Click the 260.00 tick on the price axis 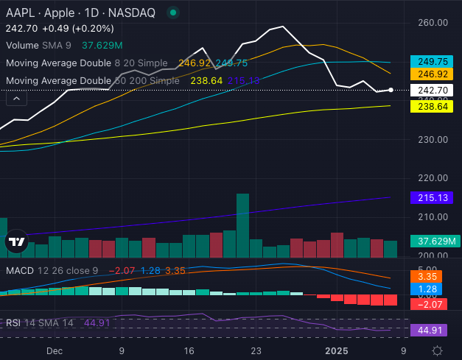click(427, 22)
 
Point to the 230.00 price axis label click(427, 139)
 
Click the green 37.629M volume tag click(434, 241)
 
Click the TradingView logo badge click(15, 241)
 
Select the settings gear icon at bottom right click(437, 351)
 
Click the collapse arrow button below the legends click(16, 97)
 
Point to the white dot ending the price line click(391, 90)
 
